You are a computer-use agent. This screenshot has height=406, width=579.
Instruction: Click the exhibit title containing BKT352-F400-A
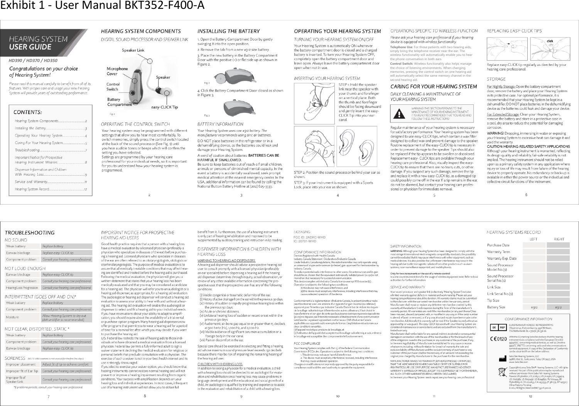point(102,6)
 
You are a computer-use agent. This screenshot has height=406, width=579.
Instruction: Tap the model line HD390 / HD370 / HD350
point(33,60)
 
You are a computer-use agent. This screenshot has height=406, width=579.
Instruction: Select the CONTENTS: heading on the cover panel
point(27,112)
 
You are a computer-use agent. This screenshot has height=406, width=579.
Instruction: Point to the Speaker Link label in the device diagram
point(133,50)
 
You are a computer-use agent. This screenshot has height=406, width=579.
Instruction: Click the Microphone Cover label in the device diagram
point(117,71)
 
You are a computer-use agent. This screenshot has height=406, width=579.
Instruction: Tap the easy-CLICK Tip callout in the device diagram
point(164,107)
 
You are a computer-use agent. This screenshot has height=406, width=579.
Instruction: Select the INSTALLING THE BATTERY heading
point(228,31)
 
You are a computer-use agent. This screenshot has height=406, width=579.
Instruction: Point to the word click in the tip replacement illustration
point(550,41)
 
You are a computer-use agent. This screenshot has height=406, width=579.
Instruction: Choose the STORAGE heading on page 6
point(496,79)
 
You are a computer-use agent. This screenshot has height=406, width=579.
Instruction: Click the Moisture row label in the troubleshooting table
point(12,317)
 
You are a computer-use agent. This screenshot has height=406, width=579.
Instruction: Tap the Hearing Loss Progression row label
point(22,288)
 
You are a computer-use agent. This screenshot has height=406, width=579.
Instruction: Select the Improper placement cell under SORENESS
point(21,364)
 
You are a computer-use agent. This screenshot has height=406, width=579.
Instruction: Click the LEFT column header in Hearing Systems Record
point(533,239)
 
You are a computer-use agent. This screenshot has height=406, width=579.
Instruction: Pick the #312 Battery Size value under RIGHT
point(558,307)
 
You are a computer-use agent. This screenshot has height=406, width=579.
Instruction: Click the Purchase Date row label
point(498,245)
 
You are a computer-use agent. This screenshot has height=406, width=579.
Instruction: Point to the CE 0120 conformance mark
point(498,339)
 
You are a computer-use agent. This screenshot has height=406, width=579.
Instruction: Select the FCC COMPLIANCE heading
point(307,343)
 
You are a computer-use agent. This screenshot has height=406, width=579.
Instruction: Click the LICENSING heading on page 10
point(302,232)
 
